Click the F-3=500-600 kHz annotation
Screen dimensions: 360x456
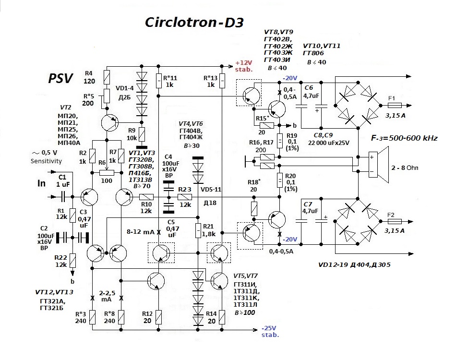click(404, 138)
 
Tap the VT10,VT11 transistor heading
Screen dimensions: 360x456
click(322, 46)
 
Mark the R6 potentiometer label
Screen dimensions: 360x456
click(102, 163)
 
